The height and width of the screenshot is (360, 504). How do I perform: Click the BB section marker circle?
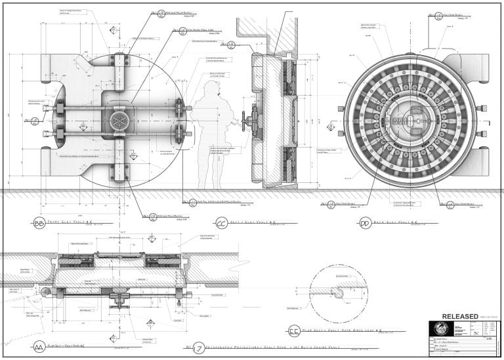39,224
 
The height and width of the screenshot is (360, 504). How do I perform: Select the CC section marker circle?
221,224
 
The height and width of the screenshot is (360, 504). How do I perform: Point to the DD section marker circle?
365,224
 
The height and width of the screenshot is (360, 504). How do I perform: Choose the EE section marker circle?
293,332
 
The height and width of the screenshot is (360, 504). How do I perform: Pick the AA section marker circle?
39,346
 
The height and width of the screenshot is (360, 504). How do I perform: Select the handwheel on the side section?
247,121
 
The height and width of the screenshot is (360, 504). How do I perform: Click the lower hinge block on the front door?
119,171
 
